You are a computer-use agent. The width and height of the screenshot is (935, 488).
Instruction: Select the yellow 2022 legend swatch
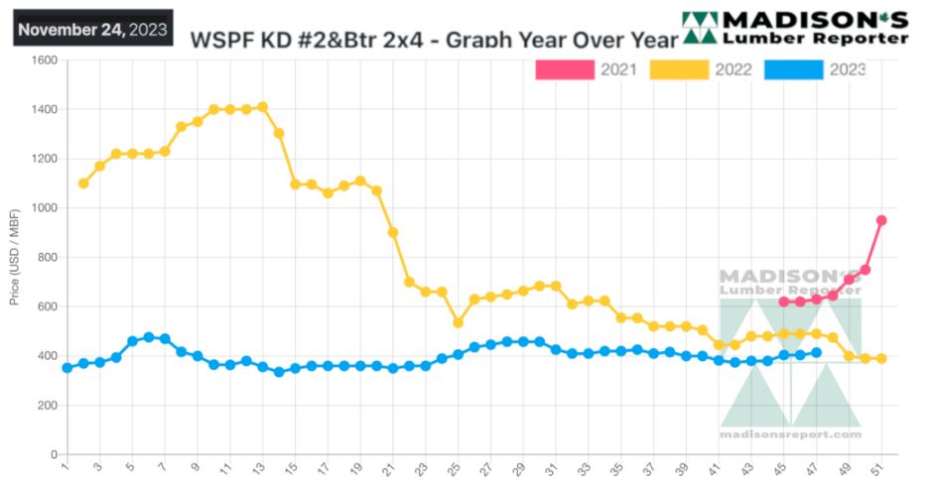tap(680, 69)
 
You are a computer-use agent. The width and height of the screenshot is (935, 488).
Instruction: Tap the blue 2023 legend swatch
tap(794, 69)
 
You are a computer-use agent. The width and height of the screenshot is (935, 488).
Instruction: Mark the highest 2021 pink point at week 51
tap(881, 220)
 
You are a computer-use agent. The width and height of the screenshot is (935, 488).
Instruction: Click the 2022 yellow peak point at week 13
tap(262, 107)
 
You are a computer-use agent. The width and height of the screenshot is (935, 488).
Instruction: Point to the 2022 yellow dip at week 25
tap(458, 322)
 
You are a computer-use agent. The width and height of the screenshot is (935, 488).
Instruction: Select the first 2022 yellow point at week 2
tap(83, 183)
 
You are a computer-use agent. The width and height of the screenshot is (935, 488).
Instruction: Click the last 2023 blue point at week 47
tap(816, 352)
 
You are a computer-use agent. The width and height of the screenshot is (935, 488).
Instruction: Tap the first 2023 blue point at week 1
tap(67, 368)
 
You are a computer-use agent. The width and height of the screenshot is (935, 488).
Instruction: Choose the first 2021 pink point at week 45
tap(783, 302)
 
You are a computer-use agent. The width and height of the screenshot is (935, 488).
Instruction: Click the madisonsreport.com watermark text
tap(790, 434)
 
